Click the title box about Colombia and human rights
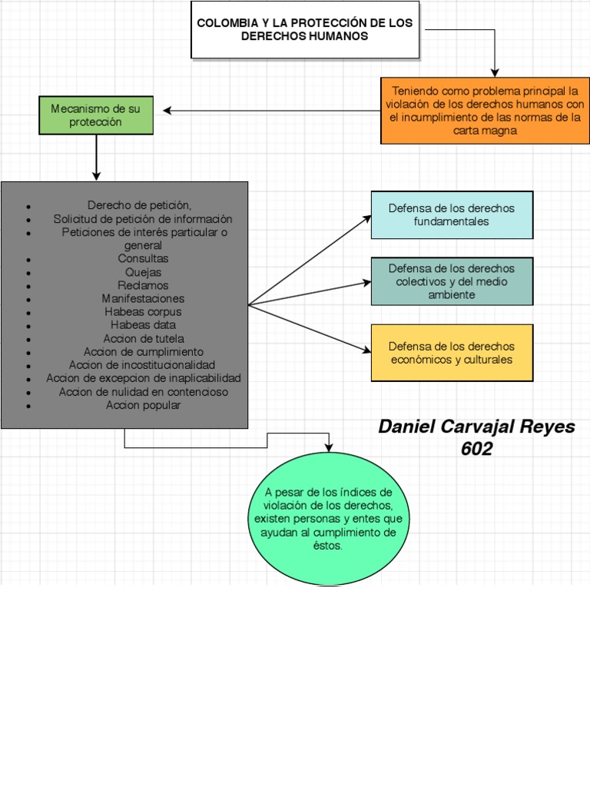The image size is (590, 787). pyautogui.click(x=305, y=30)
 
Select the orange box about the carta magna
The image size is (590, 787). pyautogui.click(x=485, y=111)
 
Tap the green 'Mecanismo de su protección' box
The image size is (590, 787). pyautogui.click(x=96, y=115)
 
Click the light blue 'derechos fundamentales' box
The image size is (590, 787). pyautogui.click(x=452, y=215)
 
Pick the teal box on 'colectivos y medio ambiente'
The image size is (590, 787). pyautogui.click(x=452, y=281)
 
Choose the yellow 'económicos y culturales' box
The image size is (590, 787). pyautogui.click(x=452, y=353)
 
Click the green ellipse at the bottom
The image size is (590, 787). pyautogui.click(x=329, y=519)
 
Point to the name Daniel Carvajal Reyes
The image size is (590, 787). pyautogui.click(x=476, y=427)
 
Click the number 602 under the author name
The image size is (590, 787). pyautogui.click(x=476, y=450)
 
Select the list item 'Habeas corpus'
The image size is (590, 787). pyautogui.click(x=143, y=312)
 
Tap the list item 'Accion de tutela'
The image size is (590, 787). pyautogui.click(x=143, y=339)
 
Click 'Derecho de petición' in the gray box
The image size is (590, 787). pyautogui.click(x=138, y=205)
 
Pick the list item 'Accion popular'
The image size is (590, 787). pyautogui.click(x=143, y=406)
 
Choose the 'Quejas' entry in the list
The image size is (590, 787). pyautogui.click(x=143, y=272)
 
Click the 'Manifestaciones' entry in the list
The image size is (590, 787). pyautogui.click(x=143, y=299)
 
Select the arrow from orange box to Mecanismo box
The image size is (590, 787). pyautogui.click(x=269, y=111)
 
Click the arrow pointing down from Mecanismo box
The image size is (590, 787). pyautogui.click(x=96, y=158)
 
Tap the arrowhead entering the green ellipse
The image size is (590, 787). pyautogui.click(x=329, y=448)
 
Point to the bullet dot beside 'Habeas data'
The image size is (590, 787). pyautogui.click(x=28, y=327)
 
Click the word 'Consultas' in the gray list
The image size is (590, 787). pyautogui.click(x=143, y=259)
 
